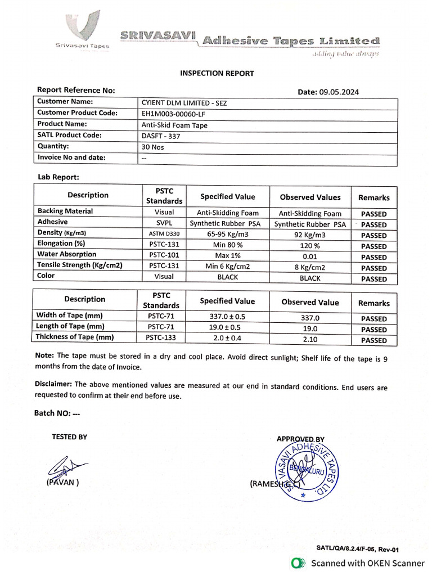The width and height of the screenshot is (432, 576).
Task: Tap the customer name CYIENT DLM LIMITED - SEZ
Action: pyautogui.click(x=184, y=103)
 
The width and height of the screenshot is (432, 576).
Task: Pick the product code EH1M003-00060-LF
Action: pyautogui.click(x=178, y=114)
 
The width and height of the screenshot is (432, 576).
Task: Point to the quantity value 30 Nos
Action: pyautogui.click(x=153, y=146)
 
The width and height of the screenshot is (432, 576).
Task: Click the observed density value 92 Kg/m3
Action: pyautogui.click(x=310, y=235)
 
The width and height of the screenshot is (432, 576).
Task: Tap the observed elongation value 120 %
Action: pyautogui.click(x=310, y=246)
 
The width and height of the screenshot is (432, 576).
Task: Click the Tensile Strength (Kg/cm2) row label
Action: pyautogui.click(x=80, y=265)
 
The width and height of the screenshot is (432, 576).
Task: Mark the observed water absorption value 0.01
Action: pyautogui.click(x=310, y=256)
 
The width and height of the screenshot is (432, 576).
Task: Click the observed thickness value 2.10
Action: pyautogui.click(x=310, y=340)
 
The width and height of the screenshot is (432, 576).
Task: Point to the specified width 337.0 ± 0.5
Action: pyautogui.click(x=227, y=317)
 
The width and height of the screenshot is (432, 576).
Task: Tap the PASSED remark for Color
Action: pyautogui.click(x=373, y=279)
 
